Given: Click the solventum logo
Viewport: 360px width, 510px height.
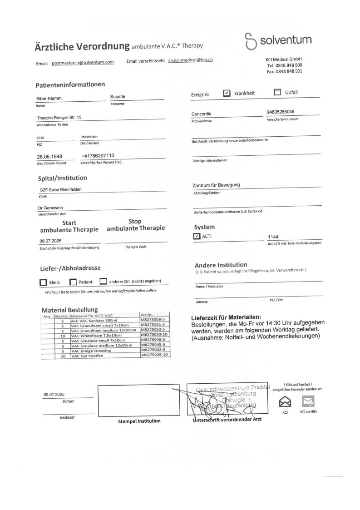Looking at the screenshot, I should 278,40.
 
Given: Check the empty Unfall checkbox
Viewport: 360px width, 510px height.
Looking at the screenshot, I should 277,92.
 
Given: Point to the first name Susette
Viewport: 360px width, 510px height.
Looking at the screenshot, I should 118,97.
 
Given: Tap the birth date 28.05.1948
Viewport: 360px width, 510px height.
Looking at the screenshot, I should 49,157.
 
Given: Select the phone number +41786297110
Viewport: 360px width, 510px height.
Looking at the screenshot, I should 98,156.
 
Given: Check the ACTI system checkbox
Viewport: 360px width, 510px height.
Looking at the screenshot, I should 196,237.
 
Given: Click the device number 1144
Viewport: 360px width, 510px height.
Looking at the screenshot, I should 274,237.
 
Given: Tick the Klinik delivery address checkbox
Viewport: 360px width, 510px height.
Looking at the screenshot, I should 43,282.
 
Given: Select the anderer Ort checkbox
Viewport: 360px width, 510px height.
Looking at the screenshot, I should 103,281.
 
